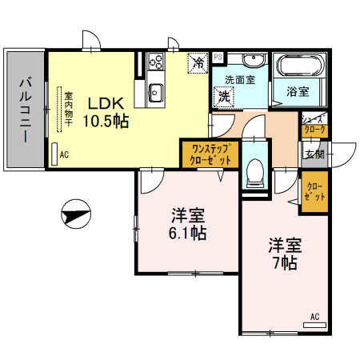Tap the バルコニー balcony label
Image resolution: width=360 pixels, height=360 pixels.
[24, 110]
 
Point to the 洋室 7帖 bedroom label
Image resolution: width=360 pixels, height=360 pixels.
[283, 253]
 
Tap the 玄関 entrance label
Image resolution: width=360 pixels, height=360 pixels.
[313, 154]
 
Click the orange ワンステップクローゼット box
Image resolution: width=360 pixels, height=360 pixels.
[208, 154]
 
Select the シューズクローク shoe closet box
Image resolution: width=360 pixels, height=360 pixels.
[313, 124]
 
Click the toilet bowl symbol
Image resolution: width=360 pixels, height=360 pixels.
[254, 170]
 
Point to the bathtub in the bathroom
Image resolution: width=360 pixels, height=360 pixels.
[299, 66]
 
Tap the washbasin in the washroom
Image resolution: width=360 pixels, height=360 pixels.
[254, 62]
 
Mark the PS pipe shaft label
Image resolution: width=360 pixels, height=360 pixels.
[218, 57]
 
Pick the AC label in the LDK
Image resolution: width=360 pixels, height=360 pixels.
[63, 156]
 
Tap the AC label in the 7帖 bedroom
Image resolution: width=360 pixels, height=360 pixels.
[314, 317]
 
